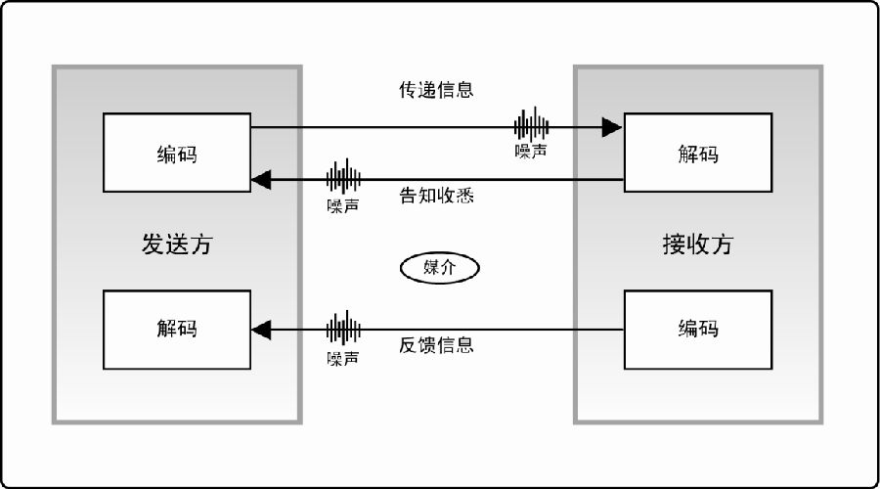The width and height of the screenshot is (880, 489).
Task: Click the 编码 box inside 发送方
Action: [x=177, y=153]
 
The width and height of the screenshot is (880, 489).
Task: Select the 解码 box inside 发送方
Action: [x=177, y=330]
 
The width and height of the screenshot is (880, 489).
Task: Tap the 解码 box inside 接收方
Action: [x=698, y=153]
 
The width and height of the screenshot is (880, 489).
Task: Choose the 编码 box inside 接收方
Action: [x=698, y=330]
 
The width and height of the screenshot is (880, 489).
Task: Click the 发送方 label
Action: [x=177, y=244]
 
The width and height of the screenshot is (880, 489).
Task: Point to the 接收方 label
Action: [x=698, y=244]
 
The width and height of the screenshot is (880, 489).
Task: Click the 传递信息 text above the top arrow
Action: [x=436, y=90]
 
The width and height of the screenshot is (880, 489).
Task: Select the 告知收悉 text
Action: [x=436, y=196]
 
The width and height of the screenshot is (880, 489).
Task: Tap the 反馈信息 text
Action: [x=436, y=344]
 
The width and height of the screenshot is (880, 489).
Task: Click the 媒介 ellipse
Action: [x=439, y=268]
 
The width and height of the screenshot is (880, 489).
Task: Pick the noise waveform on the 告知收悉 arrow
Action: [x=343, y=177]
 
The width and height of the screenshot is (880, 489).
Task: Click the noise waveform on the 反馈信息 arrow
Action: [x=343, y=329]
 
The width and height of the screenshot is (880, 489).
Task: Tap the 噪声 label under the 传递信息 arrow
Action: [x=531, y=151]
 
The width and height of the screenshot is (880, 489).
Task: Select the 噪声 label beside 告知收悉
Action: [x=343, y=206]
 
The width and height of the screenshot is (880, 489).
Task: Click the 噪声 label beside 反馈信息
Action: [x=343, y=358]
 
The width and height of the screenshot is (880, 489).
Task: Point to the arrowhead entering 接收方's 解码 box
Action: [x=612, y=127]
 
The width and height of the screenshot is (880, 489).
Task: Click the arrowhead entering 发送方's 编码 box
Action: [x=261, y=180]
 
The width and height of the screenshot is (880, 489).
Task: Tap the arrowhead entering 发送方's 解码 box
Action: [x=261, y=330]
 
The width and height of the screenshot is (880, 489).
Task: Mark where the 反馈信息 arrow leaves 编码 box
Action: [x=624, y=330]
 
